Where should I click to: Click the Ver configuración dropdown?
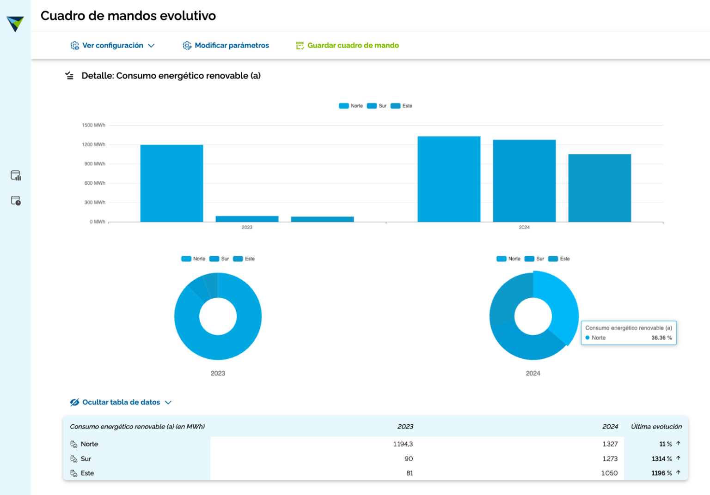click(112, 45)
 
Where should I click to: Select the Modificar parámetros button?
click(226, 45)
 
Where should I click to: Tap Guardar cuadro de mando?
click(348, 45)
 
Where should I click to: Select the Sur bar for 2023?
click(247, 219)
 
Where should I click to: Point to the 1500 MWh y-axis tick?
click(93, 125)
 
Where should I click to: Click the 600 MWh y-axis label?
click(94, 183)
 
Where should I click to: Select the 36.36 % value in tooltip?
click(661, 338)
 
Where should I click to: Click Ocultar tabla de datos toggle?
click(121, 402)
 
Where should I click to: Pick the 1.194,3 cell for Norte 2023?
click(403, 444)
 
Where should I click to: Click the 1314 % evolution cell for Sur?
click(661, 459)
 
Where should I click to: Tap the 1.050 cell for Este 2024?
click(609, 473)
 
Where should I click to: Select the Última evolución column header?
click(656, 427)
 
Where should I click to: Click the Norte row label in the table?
click(89, 444)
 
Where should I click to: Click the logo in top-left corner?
click(15, 23)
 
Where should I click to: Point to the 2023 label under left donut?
click(218, 374)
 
